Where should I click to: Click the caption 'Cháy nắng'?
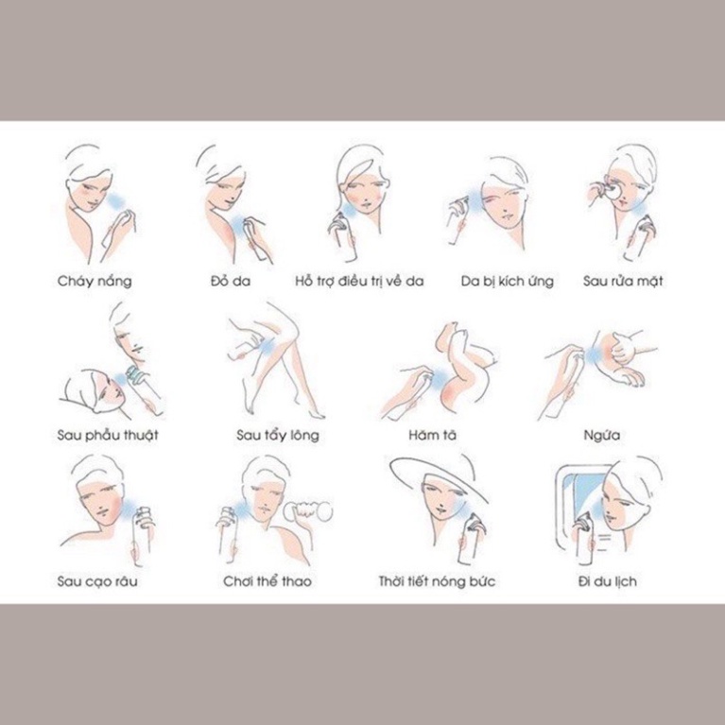coord(95,281)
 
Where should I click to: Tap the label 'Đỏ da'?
coord(231,281)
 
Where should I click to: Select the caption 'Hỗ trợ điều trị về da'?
coord(359,281)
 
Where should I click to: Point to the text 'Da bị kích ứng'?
coord(508,281)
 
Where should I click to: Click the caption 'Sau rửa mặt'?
coord(623,281)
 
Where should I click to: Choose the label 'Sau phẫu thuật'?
coord(108,435)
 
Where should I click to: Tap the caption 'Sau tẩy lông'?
coord(278,435)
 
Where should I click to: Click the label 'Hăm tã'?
coord(432,435)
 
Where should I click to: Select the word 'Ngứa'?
coord(601,435)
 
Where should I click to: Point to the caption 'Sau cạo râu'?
coord(97,581)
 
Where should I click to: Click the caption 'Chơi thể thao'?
coord(268,580)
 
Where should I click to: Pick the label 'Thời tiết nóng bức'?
coord(437,580)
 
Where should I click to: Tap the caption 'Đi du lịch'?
coord(607,581)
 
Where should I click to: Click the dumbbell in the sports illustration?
coord(308,511)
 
